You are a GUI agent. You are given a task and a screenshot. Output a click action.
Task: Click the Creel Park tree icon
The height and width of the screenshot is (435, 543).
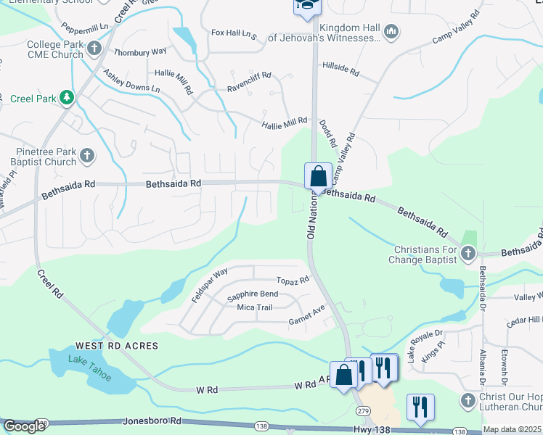tap(66, 97)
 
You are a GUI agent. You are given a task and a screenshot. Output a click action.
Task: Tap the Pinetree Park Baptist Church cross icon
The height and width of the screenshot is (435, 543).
tap(86, 155)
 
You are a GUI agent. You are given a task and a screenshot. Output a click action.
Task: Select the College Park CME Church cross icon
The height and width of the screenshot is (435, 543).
tap(94, 49)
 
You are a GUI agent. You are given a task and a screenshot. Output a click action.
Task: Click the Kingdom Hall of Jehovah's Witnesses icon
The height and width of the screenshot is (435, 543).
tap(391, 31)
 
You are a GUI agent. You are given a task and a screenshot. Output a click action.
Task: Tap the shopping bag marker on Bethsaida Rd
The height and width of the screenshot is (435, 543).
tap(318, 177)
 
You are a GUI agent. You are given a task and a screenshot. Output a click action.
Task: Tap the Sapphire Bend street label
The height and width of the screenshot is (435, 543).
tap(252, 294)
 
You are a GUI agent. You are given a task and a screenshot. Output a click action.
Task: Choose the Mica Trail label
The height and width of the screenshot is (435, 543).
tap(254, 307)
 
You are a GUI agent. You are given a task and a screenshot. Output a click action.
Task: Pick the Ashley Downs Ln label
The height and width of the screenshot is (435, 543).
tap(131, 80)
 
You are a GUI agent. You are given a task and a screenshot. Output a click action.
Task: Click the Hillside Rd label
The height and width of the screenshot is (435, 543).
tap(341, 68)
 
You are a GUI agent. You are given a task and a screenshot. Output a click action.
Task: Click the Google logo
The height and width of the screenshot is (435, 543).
tap(25, 426)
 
